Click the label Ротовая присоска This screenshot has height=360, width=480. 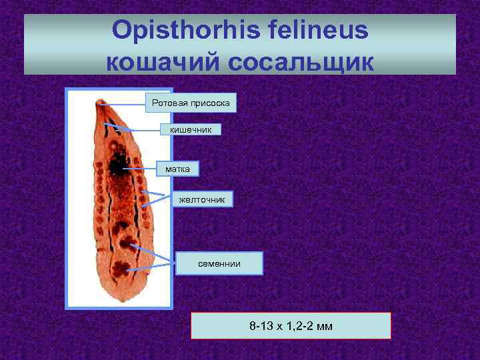pos(191,103)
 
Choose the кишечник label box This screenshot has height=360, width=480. pos(191,129)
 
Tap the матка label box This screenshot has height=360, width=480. pos(177,169)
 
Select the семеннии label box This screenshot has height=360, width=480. pos(219,264)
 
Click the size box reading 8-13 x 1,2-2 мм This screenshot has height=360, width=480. pos(291,326)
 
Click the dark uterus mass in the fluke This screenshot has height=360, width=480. pos(118,162)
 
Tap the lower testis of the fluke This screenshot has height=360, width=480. pos(121,269)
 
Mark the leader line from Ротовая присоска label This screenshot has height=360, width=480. pos(123,103)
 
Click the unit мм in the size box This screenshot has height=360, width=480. pos(325,326)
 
